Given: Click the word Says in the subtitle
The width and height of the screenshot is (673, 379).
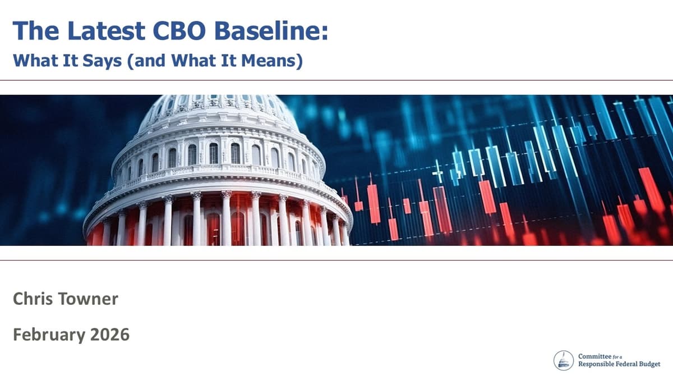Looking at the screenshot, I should click(x=102, y=61).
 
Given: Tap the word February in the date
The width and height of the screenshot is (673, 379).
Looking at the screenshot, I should click(x=47, y=335).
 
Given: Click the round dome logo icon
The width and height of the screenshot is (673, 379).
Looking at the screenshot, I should click(x=564, y=360).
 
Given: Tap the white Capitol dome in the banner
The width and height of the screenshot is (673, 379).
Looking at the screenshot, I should click(x=219, y=168).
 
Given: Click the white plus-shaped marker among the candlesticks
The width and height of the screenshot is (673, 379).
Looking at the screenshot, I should click(x=438, y=171).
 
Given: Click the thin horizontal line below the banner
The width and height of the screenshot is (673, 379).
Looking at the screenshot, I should click(x=336, y=260).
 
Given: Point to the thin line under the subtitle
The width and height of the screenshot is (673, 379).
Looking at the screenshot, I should click(x=336, y=80).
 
